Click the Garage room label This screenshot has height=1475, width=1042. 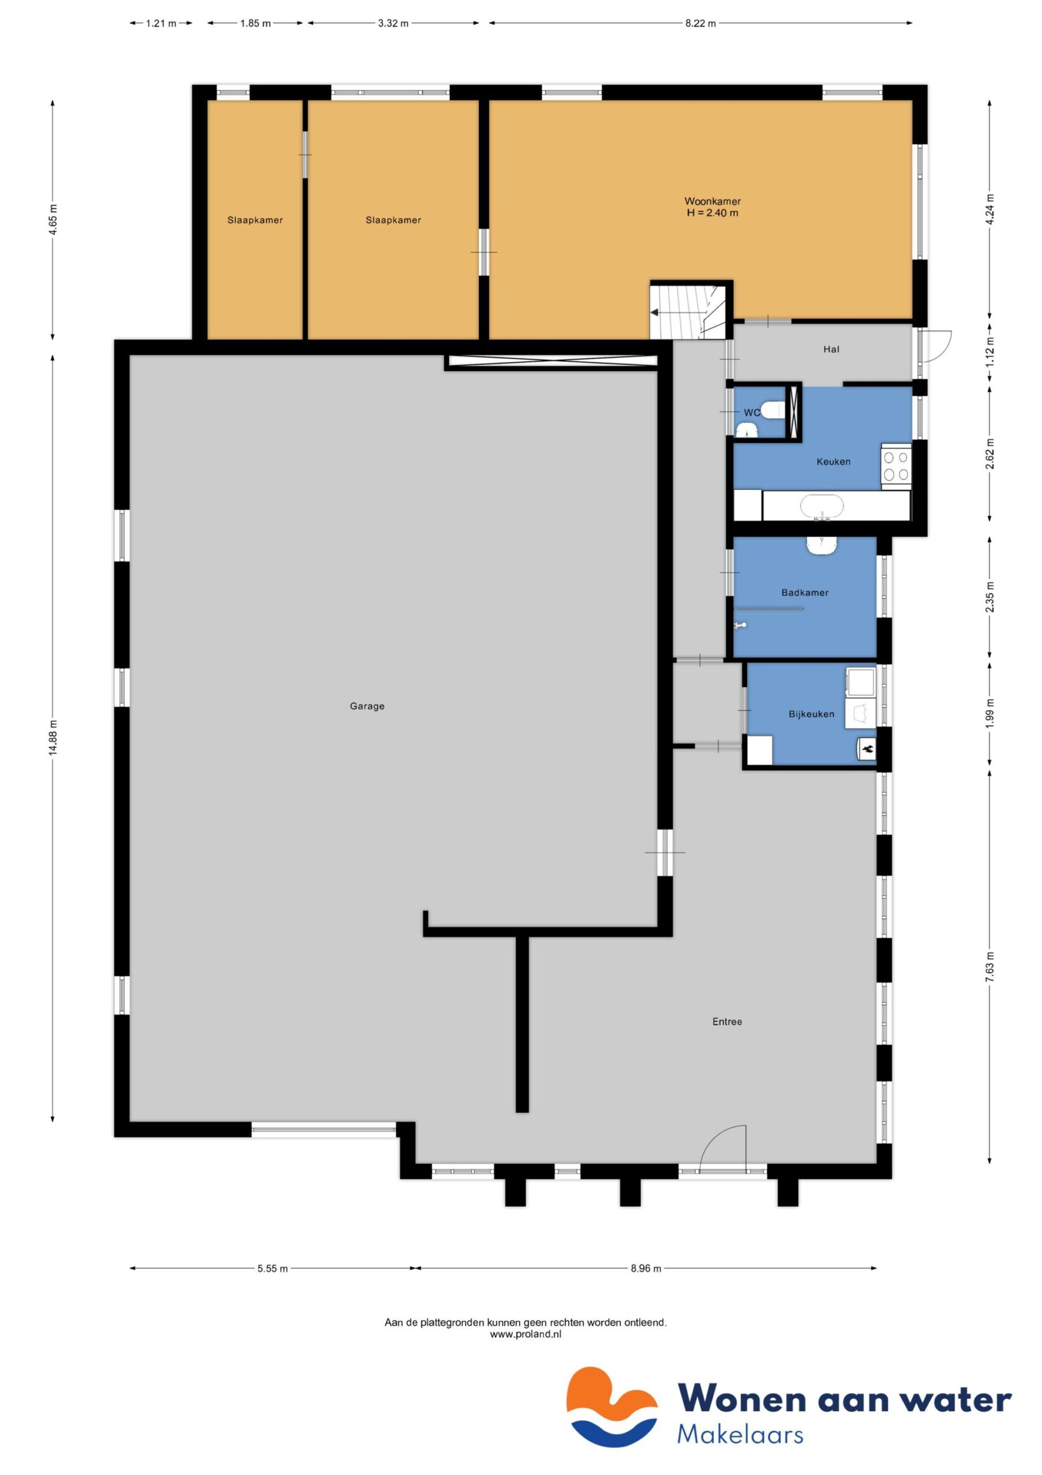367,706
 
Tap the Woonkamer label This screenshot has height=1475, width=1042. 712,201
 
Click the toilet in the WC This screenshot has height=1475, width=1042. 774,409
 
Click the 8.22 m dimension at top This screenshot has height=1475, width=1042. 700,23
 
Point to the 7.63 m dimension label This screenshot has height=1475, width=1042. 990,967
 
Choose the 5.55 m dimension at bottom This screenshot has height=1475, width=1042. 272,1268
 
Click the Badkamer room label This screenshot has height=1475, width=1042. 804,592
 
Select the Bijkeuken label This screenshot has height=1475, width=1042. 811,714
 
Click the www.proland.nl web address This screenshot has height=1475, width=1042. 525,1334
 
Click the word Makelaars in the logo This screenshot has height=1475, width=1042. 740,1435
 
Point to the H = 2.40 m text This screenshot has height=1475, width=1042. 712,213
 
